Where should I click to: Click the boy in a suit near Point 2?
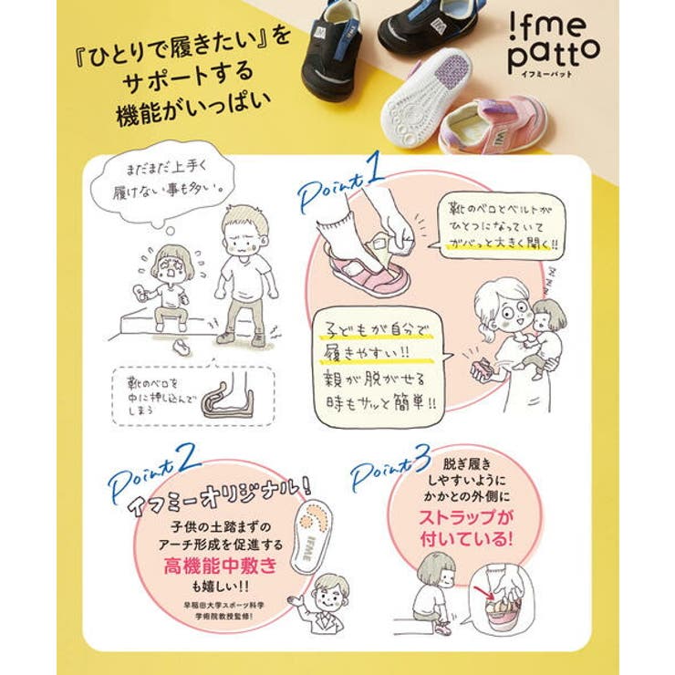pyautogui.click(x=325, y=607)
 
